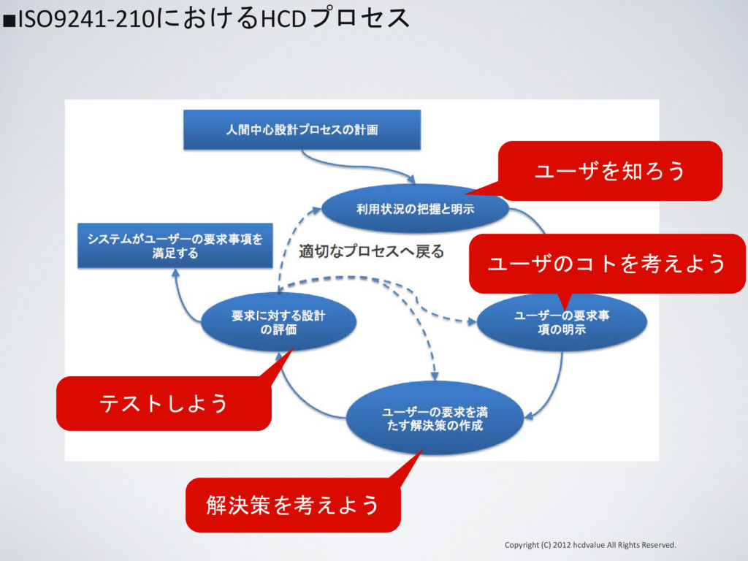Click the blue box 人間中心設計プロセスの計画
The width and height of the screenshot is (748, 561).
coord(302,130)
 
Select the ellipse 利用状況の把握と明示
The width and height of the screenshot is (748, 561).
coord(415,209)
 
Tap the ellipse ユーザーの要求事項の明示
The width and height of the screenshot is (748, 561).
coord(562,323)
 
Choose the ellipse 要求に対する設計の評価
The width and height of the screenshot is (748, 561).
coord(278,322)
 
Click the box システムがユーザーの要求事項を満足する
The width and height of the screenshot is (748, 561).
coord(175,246)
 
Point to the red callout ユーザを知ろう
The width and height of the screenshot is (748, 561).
coord(610,171)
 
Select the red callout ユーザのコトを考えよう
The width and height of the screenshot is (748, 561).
coord(606,263)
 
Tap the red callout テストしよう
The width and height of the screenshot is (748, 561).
coord(164,402)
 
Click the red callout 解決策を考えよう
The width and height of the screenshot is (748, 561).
coord(293,505)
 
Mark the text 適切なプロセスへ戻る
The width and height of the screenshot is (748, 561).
coord(371,252)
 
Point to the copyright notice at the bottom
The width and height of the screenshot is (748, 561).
coord(590,545)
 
